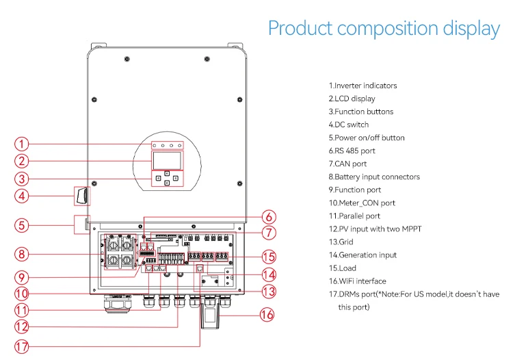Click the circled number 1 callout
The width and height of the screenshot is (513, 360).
tap(22, 144)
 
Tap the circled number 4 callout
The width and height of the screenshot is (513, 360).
tap(22, 196)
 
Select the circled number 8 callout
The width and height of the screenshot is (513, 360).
tap(22, 255)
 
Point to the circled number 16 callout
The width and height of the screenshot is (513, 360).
tap(267, 315)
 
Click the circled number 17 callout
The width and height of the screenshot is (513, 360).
tap(22, 346)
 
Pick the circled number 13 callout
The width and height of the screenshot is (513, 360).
tap(269, 292)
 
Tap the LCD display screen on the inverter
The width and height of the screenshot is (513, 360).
tap(167, 161)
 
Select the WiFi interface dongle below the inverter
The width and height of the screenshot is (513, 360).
tap(209, 315)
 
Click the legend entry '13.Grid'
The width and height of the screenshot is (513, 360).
tap(341, 242)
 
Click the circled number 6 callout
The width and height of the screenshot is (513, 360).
tap(269, 217)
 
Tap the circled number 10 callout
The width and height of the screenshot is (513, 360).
tap(22, 293)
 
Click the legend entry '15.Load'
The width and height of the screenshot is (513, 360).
tap(342, 268)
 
